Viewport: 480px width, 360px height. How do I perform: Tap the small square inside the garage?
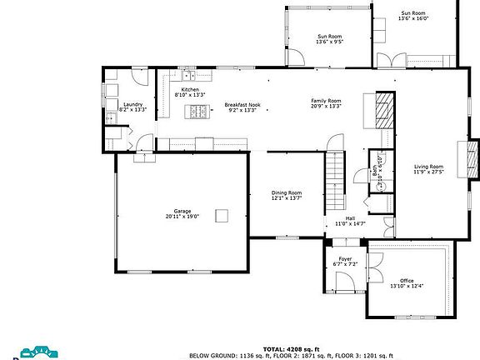pyautogui.click(x=221, y=216)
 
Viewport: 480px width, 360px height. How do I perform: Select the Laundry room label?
pyautogui.click(x=132, y=106)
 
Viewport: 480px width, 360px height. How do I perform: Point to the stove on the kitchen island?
pyautogui.click(x=197, y=112)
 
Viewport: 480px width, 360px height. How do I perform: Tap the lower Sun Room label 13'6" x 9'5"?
pyautogui.click(x=329, y=41)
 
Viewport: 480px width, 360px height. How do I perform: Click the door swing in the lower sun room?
pyautogui.click(x=297, y=57)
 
